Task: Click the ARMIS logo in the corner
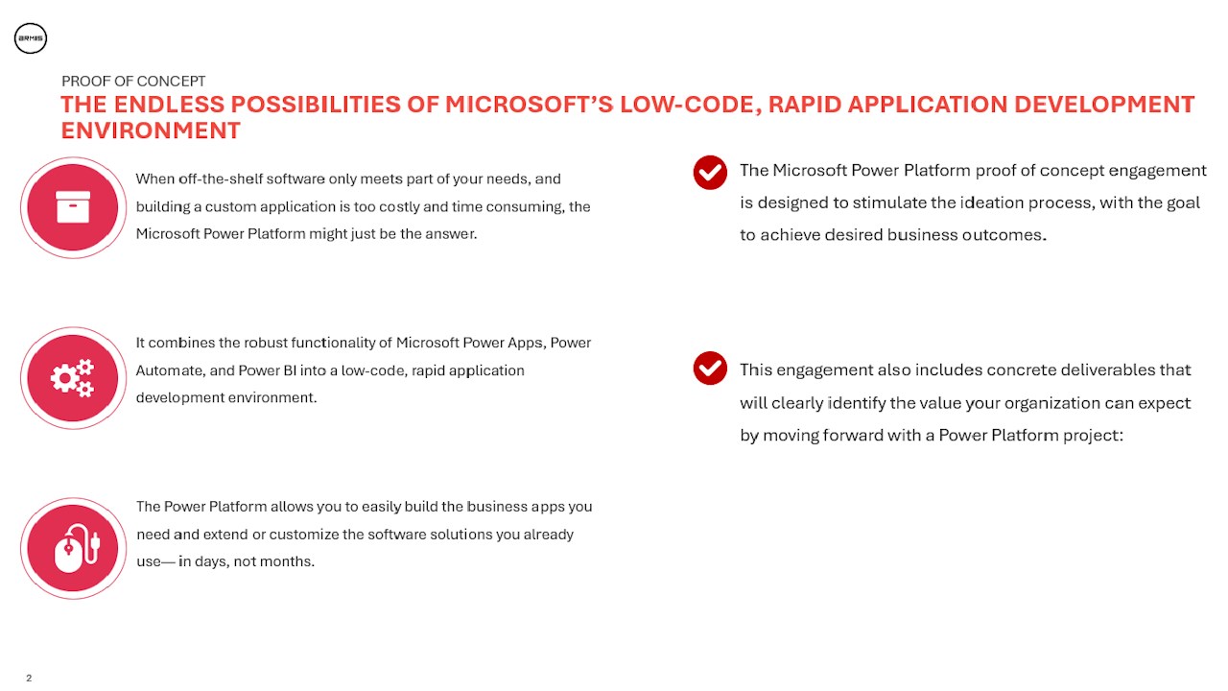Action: (x=31, y=38)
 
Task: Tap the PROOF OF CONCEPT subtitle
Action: (x=133, y=82)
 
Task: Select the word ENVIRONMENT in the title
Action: (x=151, y=131)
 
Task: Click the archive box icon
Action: (x=73, y=207)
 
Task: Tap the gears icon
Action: (x=73, y=378)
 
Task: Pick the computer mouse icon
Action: (x=73, y=549)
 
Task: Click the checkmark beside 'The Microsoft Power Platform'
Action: (x=710, y=173)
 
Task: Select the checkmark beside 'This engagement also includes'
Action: (x=710, y=369)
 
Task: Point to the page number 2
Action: (x=29, y=679)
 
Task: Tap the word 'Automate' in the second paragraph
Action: (x=167, y=370)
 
